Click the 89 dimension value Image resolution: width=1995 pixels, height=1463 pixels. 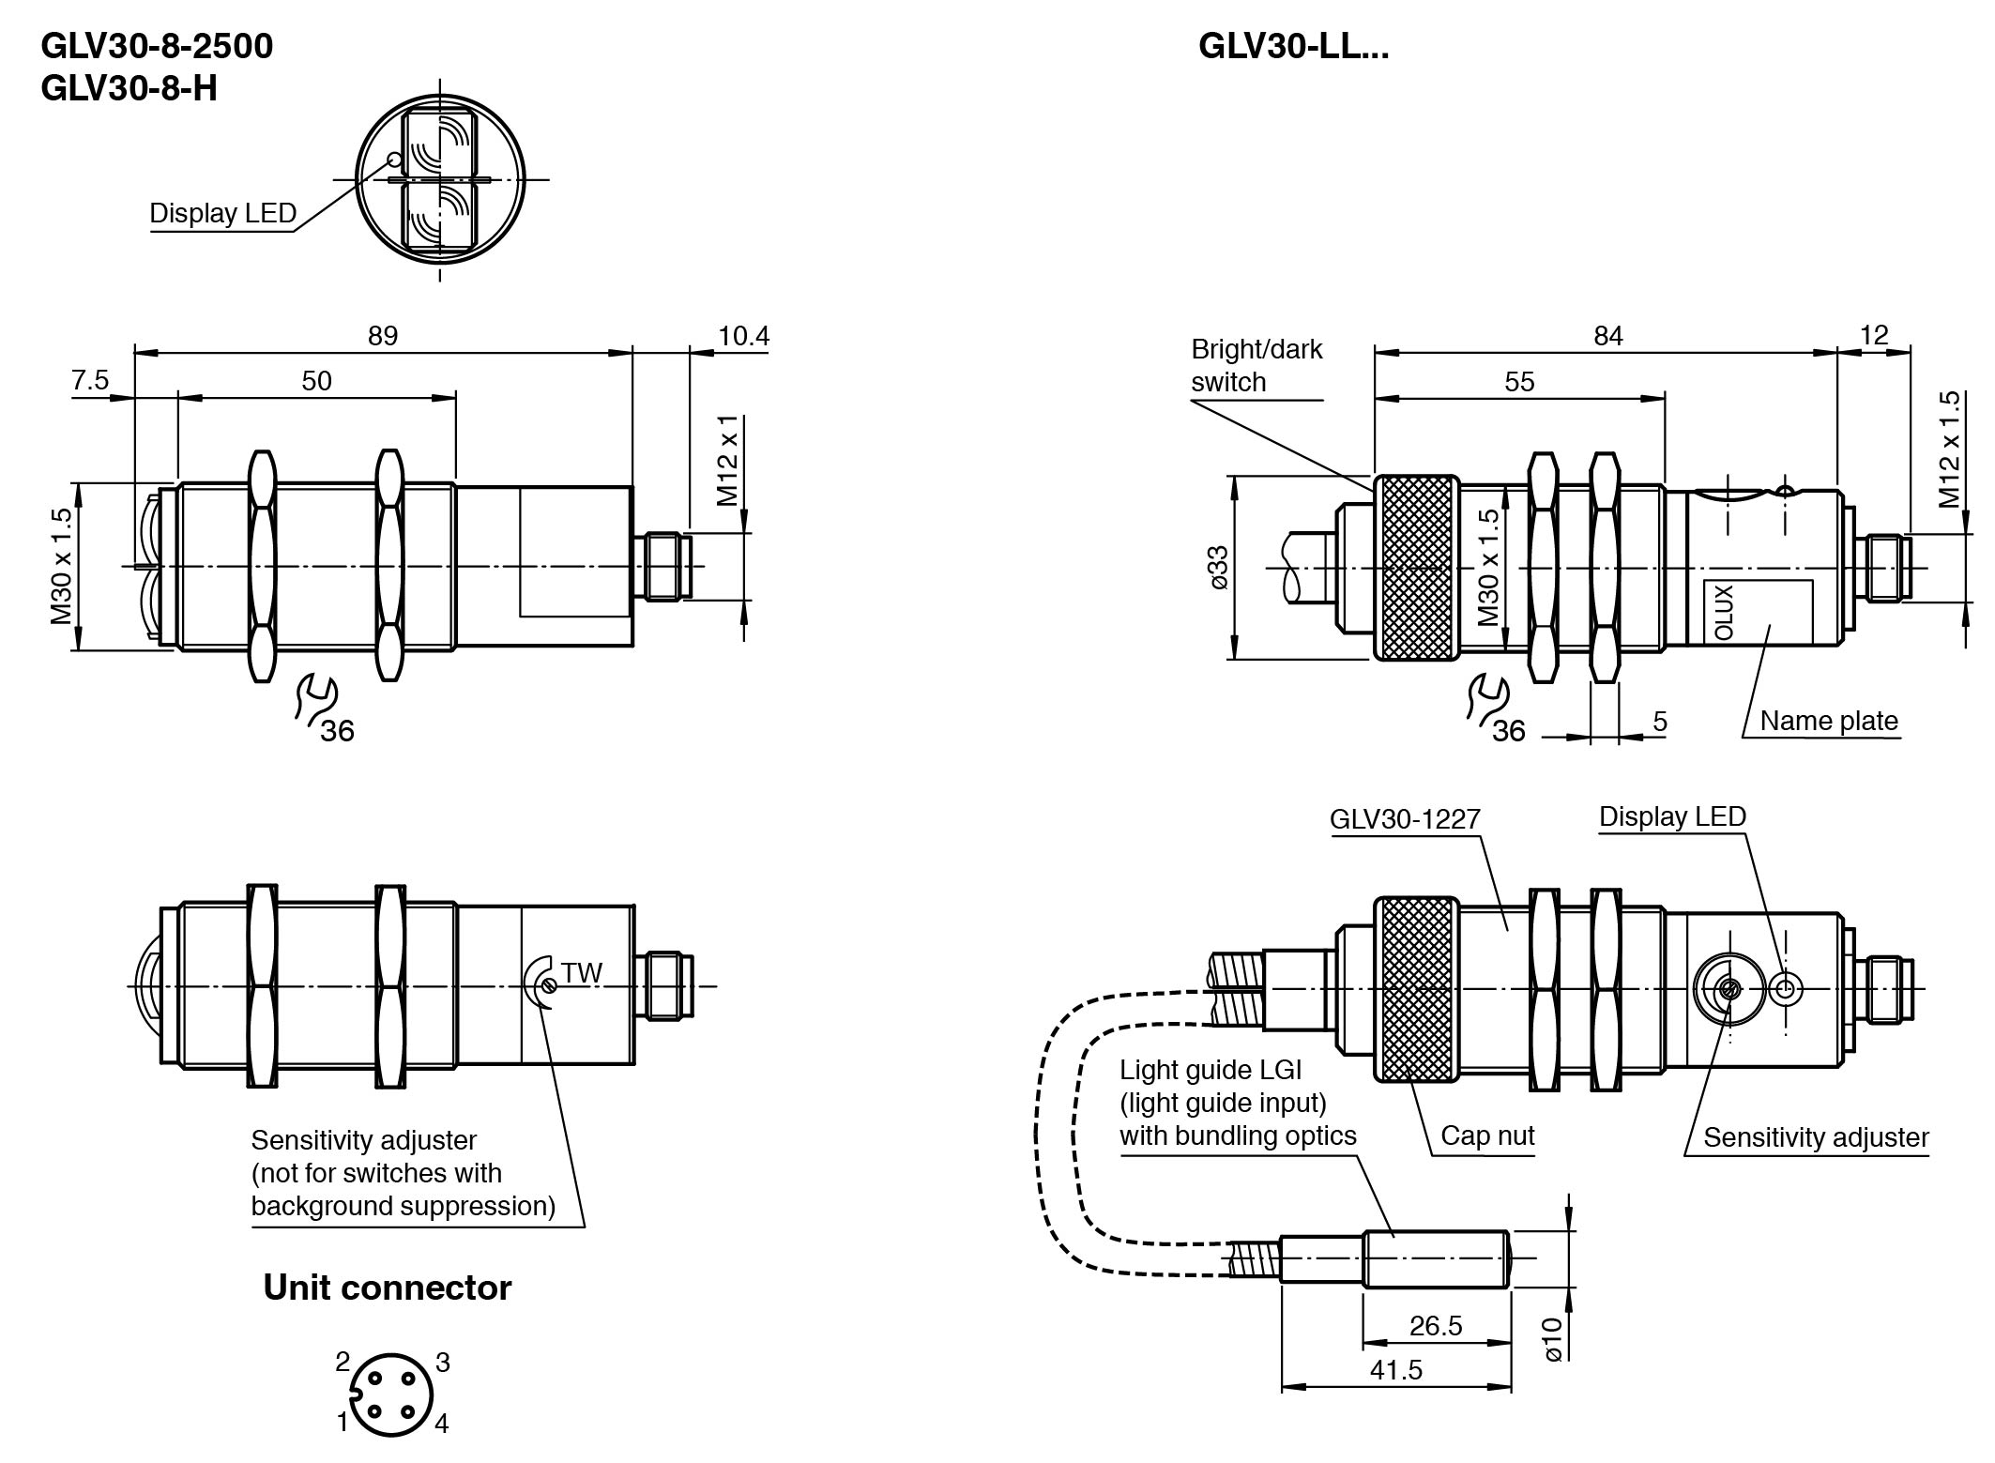click(383, 335)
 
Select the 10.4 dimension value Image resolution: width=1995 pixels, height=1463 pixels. click(743, 335)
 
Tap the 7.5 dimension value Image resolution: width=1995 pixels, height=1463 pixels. click(90, 380)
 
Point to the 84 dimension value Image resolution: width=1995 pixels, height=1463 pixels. click(1607, 335)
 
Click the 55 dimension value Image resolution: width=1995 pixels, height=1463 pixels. click(1519, 381)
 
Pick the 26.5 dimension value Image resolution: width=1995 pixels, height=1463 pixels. click(1436, 1325)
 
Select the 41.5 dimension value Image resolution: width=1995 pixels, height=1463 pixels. click(1396, 1369)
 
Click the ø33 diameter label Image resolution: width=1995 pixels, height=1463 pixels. click(1219, 567)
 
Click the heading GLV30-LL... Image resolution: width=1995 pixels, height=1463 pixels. click(1293, 45)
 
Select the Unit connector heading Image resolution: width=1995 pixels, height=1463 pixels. click(387, 1287)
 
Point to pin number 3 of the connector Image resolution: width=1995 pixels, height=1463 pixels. click(442, 1362)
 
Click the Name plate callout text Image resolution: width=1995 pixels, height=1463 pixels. click(1828, 720)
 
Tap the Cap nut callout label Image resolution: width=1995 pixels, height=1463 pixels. click(1487, 1135)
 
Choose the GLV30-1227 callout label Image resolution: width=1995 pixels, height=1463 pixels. click(1404, 818)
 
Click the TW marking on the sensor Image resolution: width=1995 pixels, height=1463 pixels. click(582, 972)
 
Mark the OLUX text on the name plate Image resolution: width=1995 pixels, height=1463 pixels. click(1725, 612)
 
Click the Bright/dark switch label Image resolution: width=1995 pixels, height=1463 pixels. click(1256, 365)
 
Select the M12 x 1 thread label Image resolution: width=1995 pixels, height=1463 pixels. click(729, 460)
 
